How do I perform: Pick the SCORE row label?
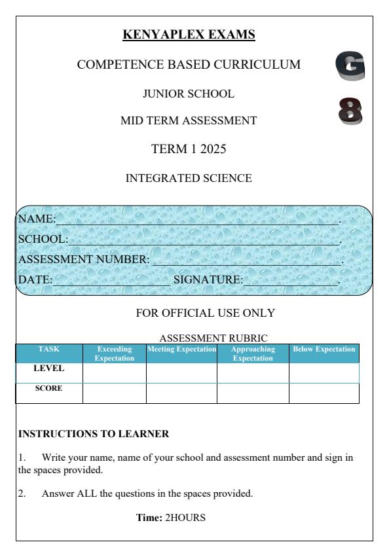49,388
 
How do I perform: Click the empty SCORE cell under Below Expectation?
324,393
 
